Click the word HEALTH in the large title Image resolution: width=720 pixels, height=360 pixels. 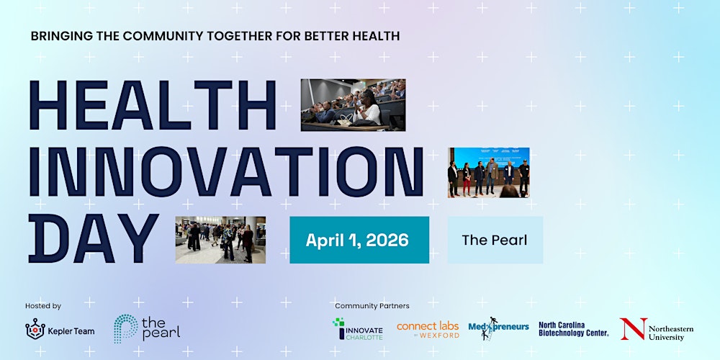[x=152, y=106]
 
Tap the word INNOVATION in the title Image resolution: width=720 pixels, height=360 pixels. [x=225, y=173]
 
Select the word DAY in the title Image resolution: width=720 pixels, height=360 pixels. [x=93, y=239]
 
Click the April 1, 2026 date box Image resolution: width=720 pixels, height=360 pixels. [x=359, y=240]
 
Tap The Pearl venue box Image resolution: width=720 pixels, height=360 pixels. [x=495, y=240]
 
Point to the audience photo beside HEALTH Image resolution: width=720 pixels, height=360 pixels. [x=353, y=105]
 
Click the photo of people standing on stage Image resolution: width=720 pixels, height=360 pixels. [x=488, y=173]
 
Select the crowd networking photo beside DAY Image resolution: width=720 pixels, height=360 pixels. [x=220, y=240]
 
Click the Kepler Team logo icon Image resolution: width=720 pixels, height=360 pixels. [x=35, y=329]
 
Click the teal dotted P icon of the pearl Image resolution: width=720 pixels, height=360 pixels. [x=125, y=328]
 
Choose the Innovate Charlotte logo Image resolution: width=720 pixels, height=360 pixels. [x=358, y=329]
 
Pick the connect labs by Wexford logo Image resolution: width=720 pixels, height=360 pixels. [x=428, y=329]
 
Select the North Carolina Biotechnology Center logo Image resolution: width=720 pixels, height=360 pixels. [x=574, y=329]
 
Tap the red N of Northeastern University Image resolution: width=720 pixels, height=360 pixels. [x=633, y=328]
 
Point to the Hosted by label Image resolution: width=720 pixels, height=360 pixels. [x=43, y=306]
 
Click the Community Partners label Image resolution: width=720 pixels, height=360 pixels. [x=372, y=306]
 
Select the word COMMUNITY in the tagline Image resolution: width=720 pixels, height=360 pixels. [x=162, y=35]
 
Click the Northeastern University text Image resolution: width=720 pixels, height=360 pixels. [x=670, y=333]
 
